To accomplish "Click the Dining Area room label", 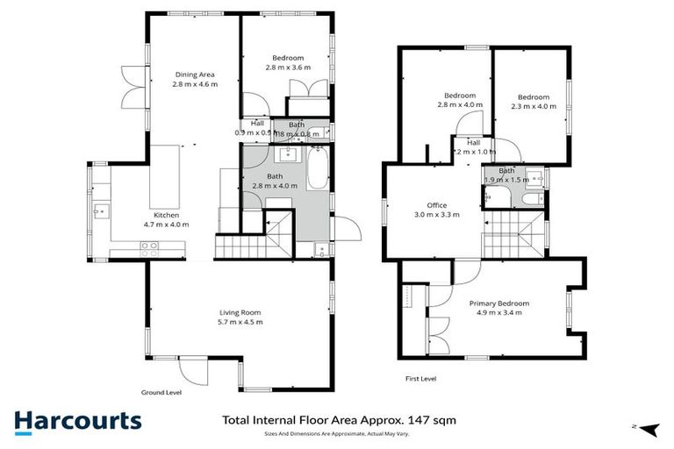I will [x=194, y=75].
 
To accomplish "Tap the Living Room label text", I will [x=240, y=312].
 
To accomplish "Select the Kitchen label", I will [x=167, y=215].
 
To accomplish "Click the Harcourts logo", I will [x=77, y=420].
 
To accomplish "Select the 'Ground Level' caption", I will [x=161, y=393].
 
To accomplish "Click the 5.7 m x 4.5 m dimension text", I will [x=240, y=322].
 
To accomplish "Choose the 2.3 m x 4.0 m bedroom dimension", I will [x=533, y=107].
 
